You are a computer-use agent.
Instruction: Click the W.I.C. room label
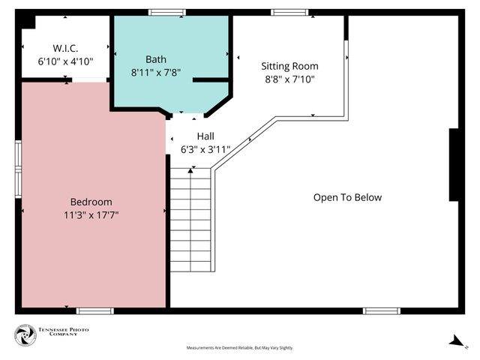(65, 48)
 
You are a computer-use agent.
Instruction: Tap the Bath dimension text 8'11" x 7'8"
(156, 73)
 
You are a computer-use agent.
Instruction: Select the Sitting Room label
(289, 65)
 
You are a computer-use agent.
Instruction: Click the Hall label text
(205, 136)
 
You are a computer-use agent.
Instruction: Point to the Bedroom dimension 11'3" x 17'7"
(91, 214)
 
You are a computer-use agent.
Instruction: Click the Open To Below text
(347, 197)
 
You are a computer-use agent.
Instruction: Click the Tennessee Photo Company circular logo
(25, 335)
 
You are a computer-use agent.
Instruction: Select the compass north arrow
(456, 340)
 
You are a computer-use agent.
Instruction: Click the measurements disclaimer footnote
(240, 348)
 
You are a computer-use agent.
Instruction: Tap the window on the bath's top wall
(166, 12)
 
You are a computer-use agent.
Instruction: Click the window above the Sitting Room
(289, 12)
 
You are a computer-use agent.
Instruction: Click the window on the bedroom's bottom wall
(95, 310)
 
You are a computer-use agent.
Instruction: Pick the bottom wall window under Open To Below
(382, 310)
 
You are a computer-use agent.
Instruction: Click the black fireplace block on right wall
(454, 164)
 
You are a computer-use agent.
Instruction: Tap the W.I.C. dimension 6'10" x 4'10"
(65, 61)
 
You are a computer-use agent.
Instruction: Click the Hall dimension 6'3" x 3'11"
(205, 149)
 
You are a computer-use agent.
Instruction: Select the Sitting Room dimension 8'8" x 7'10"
(289, 78)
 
